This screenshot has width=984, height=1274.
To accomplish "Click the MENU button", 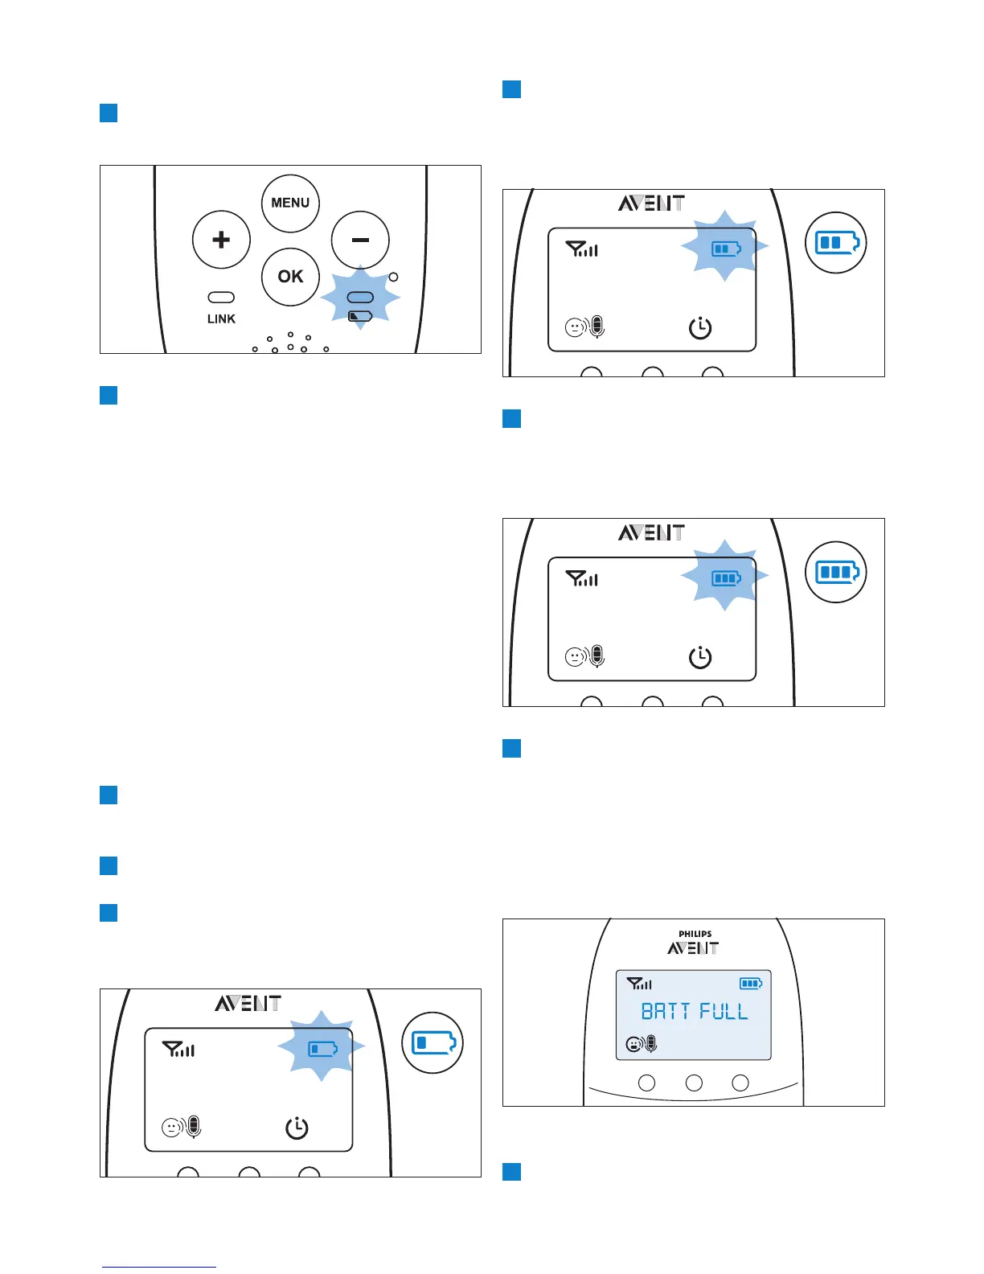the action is point(290,203).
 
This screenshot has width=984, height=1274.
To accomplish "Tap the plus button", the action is point(221,240).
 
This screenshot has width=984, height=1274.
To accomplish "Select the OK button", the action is point(290,277).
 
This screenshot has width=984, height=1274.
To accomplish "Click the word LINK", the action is point(221,319).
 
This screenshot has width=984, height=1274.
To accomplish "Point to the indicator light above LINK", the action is point(221,298).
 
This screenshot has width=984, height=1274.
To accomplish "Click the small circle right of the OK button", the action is point(393,277).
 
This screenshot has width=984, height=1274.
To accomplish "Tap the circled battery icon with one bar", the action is point(433,1043).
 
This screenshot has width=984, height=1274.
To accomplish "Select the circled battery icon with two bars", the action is point(836,242).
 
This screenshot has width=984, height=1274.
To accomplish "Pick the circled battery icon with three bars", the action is point(836,572).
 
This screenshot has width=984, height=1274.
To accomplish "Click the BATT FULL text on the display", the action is point(694,1011).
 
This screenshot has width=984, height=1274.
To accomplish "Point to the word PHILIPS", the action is point(695,934).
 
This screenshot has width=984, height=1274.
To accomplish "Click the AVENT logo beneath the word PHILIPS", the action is point(693,948).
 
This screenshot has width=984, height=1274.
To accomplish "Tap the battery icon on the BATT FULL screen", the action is point(751,983).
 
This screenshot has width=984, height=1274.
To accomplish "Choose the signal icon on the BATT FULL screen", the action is point(639,984).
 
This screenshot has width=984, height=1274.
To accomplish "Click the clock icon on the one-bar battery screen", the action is point(297,1128).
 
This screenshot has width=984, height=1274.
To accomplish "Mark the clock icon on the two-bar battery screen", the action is point(700,327).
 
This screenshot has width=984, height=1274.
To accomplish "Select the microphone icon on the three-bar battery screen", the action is point(597,657).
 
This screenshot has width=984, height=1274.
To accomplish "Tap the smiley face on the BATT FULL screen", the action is point(633,1045).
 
